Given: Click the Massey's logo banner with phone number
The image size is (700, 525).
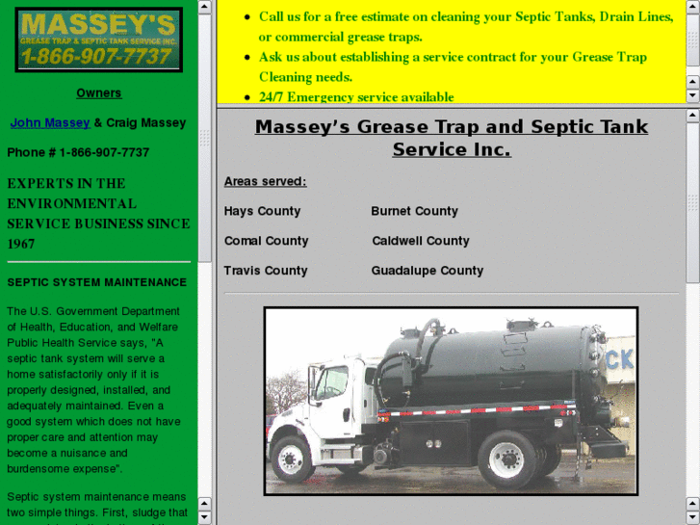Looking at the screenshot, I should (98, 39).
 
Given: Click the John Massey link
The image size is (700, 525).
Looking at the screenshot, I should (50, 123).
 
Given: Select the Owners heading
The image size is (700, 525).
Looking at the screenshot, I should (99, 93).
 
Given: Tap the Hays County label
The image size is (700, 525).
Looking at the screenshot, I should (262, 211).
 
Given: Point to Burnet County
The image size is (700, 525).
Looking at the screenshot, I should (414, 211).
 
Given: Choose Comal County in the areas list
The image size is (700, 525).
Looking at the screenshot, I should (266, 241).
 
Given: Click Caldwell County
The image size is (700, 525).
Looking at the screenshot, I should (420, 241).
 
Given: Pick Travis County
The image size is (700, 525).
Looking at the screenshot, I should (265, 271).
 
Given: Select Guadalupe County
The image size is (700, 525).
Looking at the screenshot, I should (427, 271).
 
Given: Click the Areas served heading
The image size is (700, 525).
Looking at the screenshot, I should (265, 181).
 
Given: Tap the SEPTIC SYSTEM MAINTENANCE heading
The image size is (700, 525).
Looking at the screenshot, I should (97, 282).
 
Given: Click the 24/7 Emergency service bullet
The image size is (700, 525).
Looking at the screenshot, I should (356, 97).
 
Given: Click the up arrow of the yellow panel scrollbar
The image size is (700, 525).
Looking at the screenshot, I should (692, 7).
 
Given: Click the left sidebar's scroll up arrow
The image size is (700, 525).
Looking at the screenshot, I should (205, 7).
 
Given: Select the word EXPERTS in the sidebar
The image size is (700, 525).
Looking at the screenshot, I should (37, 183).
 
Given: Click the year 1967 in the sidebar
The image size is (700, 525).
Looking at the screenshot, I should (21, 244).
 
